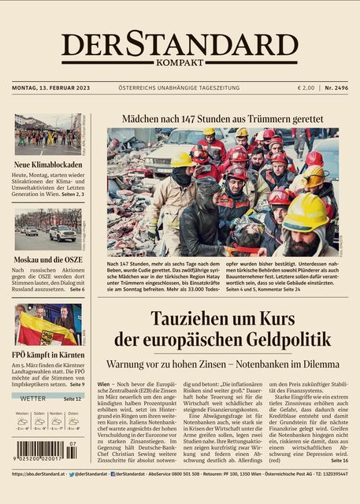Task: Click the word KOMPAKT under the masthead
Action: [180, 63]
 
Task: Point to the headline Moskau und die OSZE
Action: [44, 259]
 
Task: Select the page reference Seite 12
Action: [72, 399]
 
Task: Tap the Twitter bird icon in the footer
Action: [72, 475]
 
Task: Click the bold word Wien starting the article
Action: [104, 384]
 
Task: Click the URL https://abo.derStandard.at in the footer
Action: [38, 475]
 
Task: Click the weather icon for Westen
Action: [23, 421]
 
